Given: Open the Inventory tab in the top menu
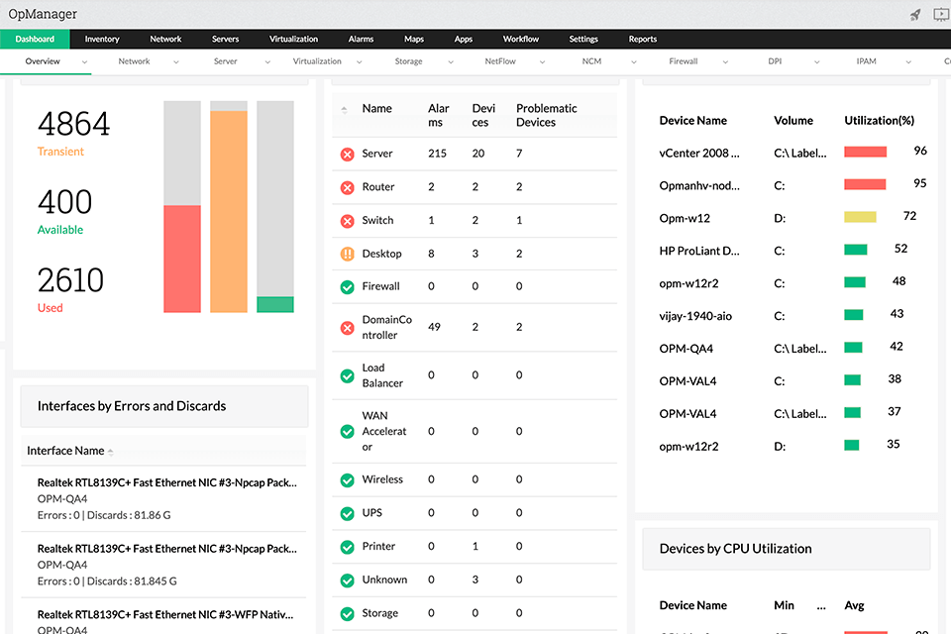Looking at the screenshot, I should click(x=102, y=39).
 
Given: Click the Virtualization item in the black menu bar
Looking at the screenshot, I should click(x=293, y=39).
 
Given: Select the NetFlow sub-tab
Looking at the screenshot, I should click(x=499, y=61).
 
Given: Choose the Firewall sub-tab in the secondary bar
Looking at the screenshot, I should click(x=683, y=61).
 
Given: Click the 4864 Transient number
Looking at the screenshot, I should click(x=73, y=124).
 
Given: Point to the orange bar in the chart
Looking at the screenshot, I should click(x=229, y=211).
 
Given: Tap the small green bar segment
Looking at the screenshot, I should click(x=274, y=304).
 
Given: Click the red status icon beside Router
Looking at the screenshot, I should click(x=347, y=187).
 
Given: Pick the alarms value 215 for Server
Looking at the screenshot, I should click(x=437, y=154).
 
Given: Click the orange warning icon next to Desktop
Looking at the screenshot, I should click(x=347, y=254).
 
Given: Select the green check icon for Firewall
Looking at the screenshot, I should click(x=347, y=286).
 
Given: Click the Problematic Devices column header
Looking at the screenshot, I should click(x=547, y=115).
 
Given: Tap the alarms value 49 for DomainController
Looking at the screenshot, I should click(x=434, y=327).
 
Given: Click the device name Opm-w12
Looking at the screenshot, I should click(x=685, y=217).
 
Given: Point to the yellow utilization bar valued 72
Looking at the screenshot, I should click(x=860, y=217).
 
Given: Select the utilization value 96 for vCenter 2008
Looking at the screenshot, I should click(x=920, y=151).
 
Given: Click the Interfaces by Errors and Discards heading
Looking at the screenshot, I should click(x=132, y=406).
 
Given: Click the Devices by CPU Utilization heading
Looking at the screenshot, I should click(x=735, y=548).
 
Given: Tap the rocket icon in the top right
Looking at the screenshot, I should click(x=915, y=14).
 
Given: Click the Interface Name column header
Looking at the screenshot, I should click(x=65, y=451).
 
